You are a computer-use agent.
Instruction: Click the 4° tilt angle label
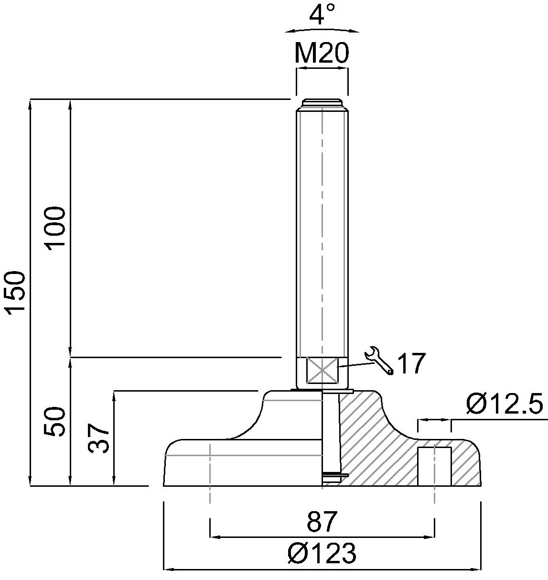coord(322,15)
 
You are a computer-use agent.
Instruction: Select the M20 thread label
coord(322,54)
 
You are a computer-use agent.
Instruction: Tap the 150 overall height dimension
coord(16,292)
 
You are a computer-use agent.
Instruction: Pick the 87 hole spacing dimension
coord(322,522)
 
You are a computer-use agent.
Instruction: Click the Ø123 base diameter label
coord(322,554)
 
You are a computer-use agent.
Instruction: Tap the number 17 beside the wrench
coord(411,364)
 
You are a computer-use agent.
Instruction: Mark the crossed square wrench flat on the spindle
coord(322,370)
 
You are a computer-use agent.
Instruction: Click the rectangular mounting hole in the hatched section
coord(434,466)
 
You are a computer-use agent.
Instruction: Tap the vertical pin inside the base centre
coord(331,433)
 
